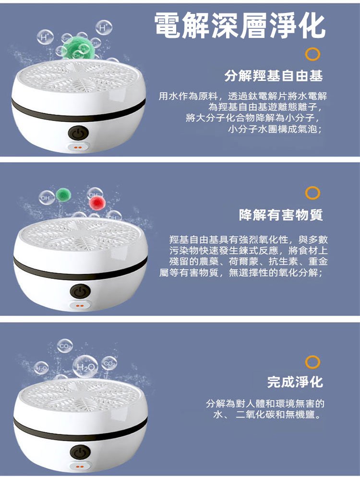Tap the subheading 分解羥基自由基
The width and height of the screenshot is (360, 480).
[274, 76]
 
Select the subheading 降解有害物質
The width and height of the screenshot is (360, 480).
[281, 216]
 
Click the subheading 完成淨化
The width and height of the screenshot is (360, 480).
[295, 382]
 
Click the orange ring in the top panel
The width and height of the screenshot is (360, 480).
[312, 54]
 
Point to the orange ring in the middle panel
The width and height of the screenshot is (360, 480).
[312, 193]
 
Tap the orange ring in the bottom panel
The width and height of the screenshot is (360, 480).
[312, 361]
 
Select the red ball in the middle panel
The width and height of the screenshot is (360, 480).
[96, 202]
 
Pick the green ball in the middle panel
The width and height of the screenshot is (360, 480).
[63, 194]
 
